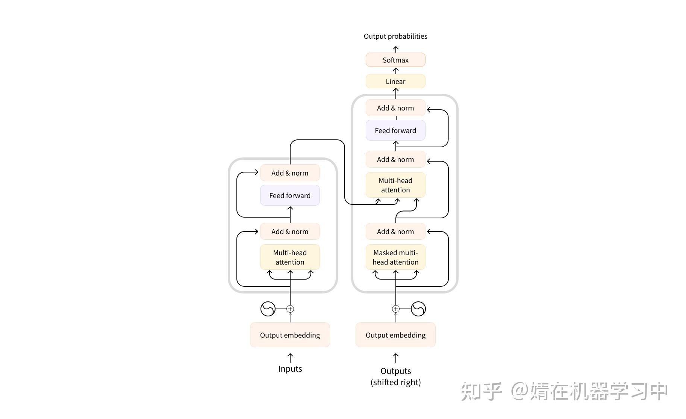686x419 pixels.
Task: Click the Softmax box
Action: [x=395, y=60]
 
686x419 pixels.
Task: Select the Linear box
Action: [x=395, y=81]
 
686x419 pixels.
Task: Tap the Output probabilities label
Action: [x=395, y=36]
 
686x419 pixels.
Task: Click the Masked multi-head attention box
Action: [x=395, y=257]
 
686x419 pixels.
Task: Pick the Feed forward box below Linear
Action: [x=395, y=130]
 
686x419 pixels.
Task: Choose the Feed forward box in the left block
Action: [x=290, y=195]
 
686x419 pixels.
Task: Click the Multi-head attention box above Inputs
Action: [x=290, y=257]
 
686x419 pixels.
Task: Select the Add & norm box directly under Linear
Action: [x=395, y=108]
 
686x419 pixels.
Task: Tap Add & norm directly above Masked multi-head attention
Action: [x=395, y=231]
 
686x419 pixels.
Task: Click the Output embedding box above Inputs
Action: [x=290, y=335]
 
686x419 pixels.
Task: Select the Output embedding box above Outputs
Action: [x=395, y=335]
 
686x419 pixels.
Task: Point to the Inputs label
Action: [x=290, y=369]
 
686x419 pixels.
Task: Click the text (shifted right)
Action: [x=395, y=382]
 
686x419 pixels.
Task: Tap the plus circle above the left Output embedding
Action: [x=290, y=309]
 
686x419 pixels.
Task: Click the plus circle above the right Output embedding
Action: [x=395, y=309]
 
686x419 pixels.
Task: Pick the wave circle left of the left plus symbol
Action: [x=268, y=309]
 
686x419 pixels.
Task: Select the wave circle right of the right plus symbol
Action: [x=418, y=309]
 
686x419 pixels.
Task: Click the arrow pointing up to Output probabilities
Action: [x=395, y=49]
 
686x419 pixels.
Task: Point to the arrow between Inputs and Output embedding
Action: [x=290, y=358]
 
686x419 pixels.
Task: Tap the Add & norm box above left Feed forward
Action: [x=290, y=173]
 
